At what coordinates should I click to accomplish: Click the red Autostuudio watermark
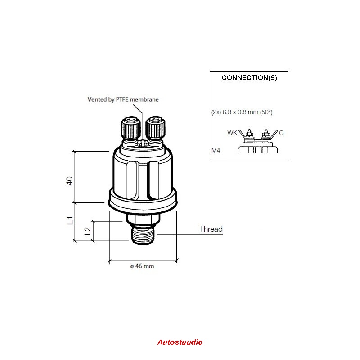click(180, 342)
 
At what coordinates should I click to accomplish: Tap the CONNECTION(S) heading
click(249, 78)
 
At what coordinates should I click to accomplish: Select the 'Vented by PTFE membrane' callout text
click(123, 99)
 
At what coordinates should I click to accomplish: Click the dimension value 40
click(69, 181)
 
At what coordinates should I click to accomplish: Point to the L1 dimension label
click(70, 220)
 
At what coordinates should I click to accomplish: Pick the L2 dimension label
click(87, 231)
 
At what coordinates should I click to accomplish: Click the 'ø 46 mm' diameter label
click(142, 266)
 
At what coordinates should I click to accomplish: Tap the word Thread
click(211, 229)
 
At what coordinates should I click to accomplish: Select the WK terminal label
click(232, 133)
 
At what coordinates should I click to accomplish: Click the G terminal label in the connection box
click(281, 133)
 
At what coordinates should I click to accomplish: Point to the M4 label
click(216, 150)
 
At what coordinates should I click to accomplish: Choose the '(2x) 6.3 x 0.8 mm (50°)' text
click(242, 112)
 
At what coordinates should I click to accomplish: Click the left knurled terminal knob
click(130, 128)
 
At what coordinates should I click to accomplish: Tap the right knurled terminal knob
click(155, 128)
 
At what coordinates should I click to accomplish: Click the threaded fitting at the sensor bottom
click(143, 235)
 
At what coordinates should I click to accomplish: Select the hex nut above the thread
click(143, 219)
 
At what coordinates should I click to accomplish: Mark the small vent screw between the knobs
click(143, 144)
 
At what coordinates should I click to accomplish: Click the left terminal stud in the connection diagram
click(249, 134)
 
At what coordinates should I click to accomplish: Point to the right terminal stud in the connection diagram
click(266, 134)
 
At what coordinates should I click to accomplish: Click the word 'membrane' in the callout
click(144, 99)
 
